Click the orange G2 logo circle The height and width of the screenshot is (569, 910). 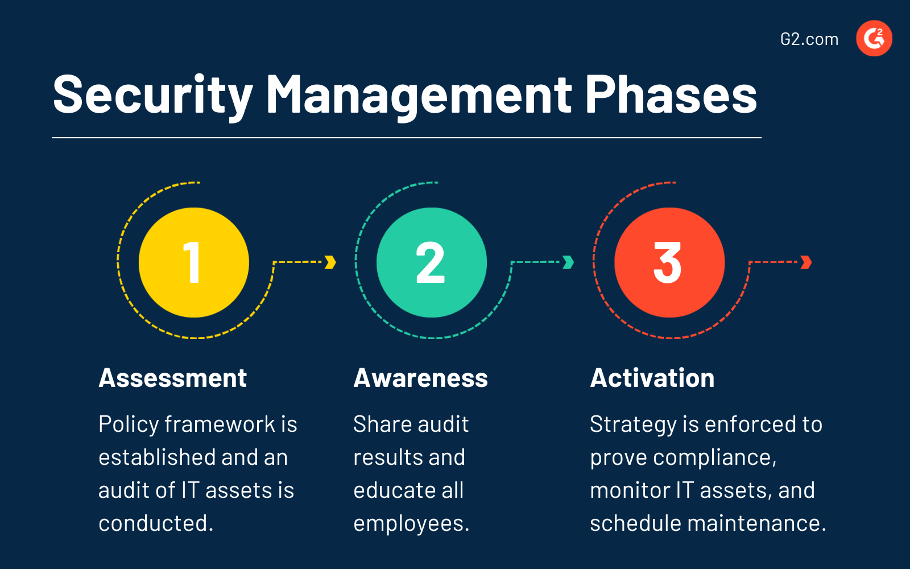pyautogui.click(x=874, y=39)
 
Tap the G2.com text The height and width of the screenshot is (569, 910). pyautogui.click(x=809, y=39)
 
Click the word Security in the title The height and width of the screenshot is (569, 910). pyautogui.click(x=152, y=95)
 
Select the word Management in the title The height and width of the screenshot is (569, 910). pyautogui.click(x=419, y=95)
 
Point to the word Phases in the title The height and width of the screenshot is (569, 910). pyautogui.click(x=671, y=95)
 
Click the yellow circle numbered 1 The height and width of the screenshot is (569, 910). pyautogui.click(x=194, y=262)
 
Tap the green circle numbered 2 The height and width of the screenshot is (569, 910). pyautogui.click(x=432, y=262)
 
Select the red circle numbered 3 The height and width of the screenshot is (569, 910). pyautogui.click(x=669, y=262)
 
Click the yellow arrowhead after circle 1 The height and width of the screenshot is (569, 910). pyautogui.click(x=330, y=262)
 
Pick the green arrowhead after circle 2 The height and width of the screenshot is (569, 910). pyautogui.click(x=568, y=262)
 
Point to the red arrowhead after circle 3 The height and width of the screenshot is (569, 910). pyautogui.click(x=806, y=262)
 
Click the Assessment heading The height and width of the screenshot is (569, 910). pyautogui.click(x=173, y=378)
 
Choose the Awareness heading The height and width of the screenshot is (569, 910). pyautogui.click(x=420, y=378)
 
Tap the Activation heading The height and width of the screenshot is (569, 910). pyautogui.click(x=652, y=378)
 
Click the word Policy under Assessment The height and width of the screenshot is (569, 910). pyautogui.click(x=129, y=425)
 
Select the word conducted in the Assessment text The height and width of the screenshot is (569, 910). pyautogui.click(x=155, y=523)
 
